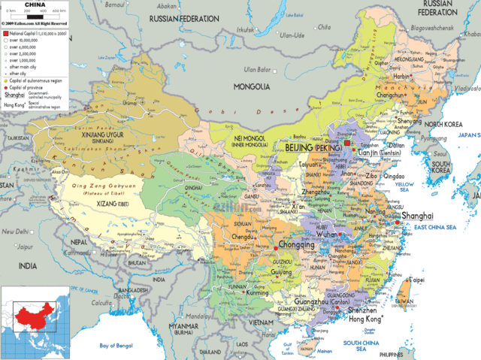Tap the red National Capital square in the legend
pos(5,35)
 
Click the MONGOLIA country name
pos(252,86)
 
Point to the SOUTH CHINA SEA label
pos(360,345)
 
